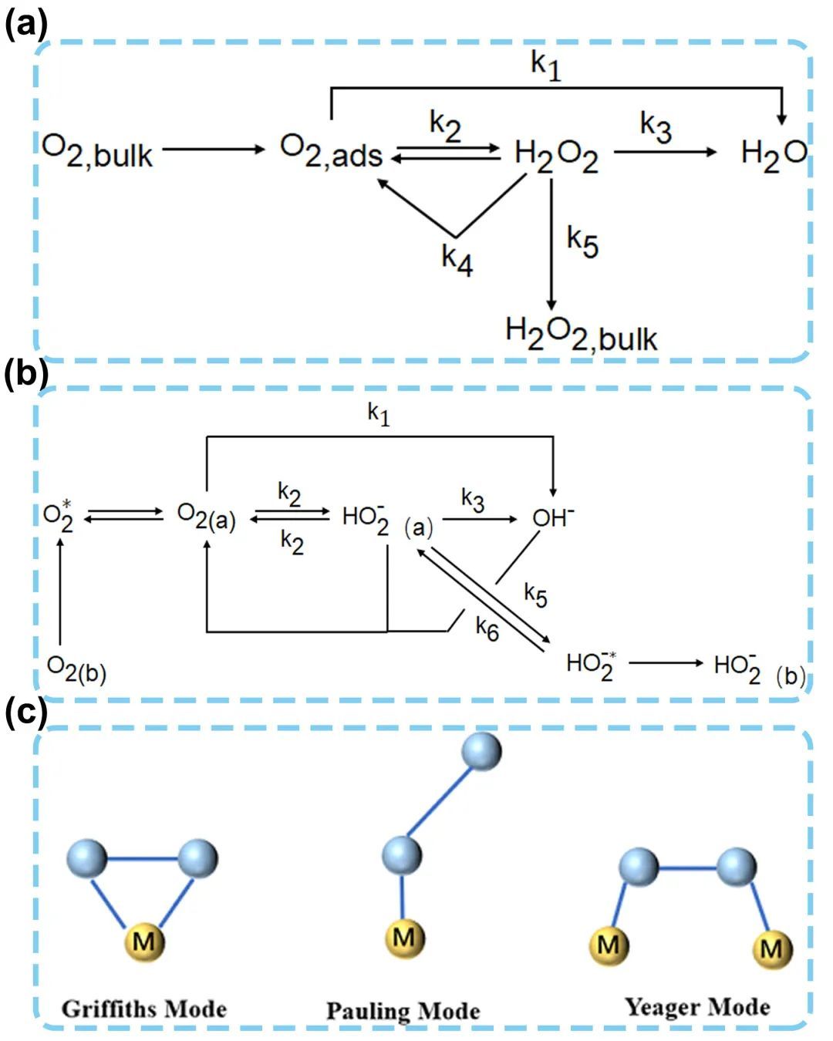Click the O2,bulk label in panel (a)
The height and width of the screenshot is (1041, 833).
[97, 151]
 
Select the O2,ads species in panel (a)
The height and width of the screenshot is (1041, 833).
[332, 151]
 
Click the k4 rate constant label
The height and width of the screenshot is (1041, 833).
[457, 259]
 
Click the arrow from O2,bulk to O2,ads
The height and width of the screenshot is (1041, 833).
[214, 148]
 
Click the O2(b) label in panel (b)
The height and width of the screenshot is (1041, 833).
[76, 669]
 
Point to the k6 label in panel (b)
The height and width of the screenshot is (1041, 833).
[487, 628]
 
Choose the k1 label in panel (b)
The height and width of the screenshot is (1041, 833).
[379, 415]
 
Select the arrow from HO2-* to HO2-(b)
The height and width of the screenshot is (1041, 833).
[666, 662]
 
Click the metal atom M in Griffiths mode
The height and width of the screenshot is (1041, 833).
[144, 941]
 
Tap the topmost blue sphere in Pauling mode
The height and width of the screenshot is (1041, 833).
[481, 750]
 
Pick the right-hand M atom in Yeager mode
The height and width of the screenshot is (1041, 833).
[772, 947]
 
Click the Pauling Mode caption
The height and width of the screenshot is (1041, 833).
[403, 1011]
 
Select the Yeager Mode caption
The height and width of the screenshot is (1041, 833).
[697, 1007]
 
